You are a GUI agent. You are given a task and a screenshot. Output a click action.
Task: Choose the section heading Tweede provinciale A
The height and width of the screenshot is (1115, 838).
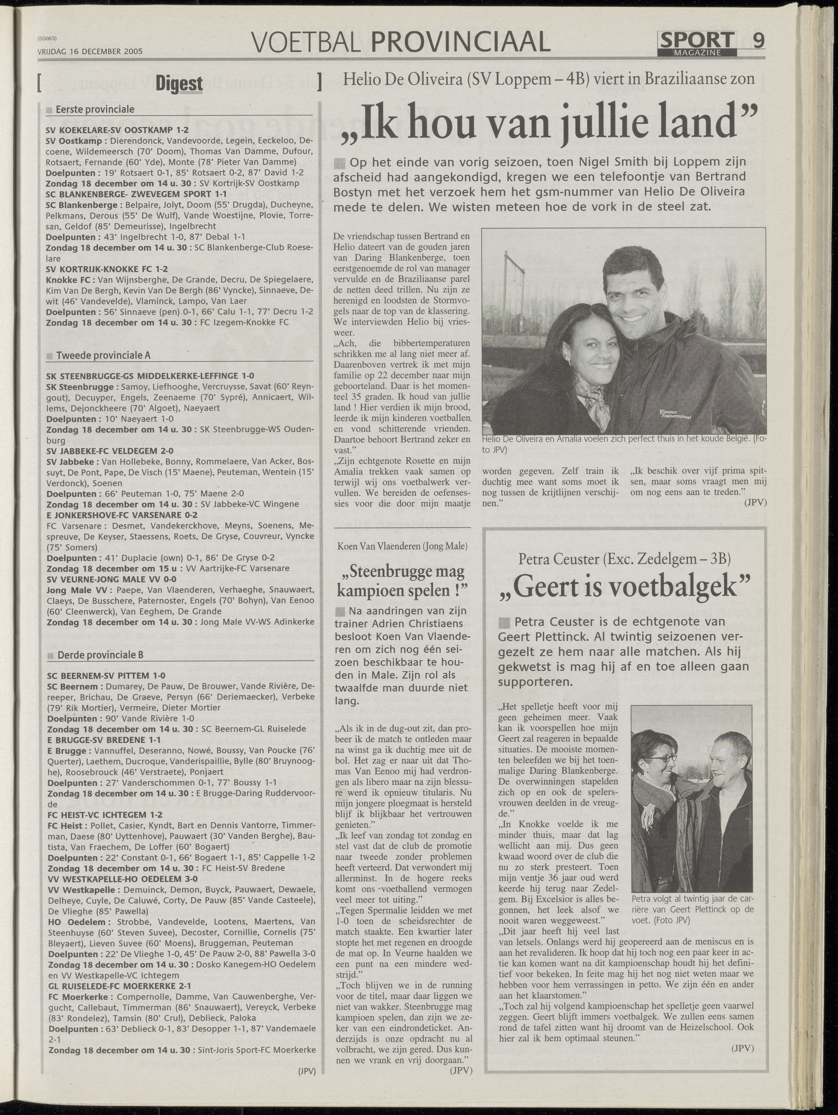click(103, 355)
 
